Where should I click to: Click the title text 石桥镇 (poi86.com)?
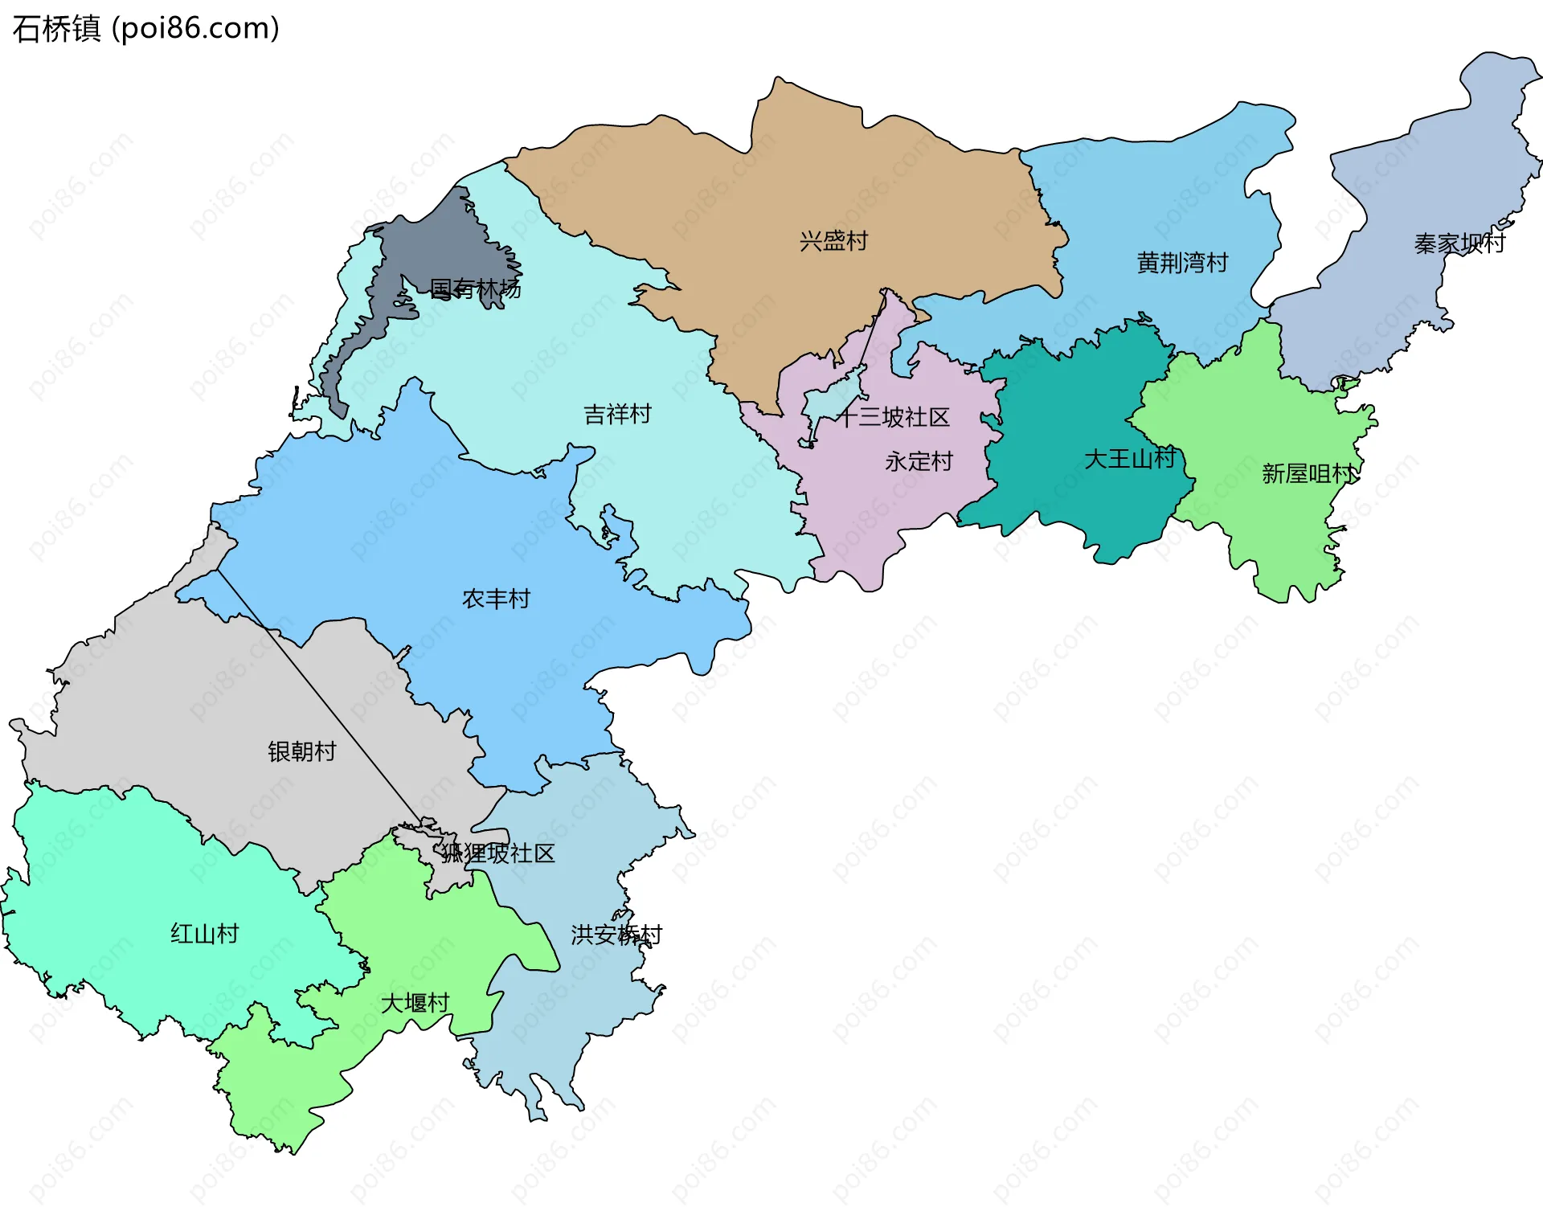[146, 29]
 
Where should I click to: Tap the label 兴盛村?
[833, 241]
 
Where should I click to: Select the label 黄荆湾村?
[1182, 263]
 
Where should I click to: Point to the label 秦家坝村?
[1459, 243]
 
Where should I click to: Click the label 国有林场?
[475, 288]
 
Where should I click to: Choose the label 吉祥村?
[617, 415]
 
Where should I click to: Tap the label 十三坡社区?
[894, 417]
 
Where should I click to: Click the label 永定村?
[919, 461]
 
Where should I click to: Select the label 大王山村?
[1130, 459]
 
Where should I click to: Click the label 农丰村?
[496, 599]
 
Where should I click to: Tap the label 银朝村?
[301, 751]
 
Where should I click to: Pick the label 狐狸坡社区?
[498, 853]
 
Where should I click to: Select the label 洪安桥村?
[616, 935]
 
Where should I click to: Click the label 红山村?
[204, 934]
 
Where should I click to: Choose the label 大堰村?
[415, 1003]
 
